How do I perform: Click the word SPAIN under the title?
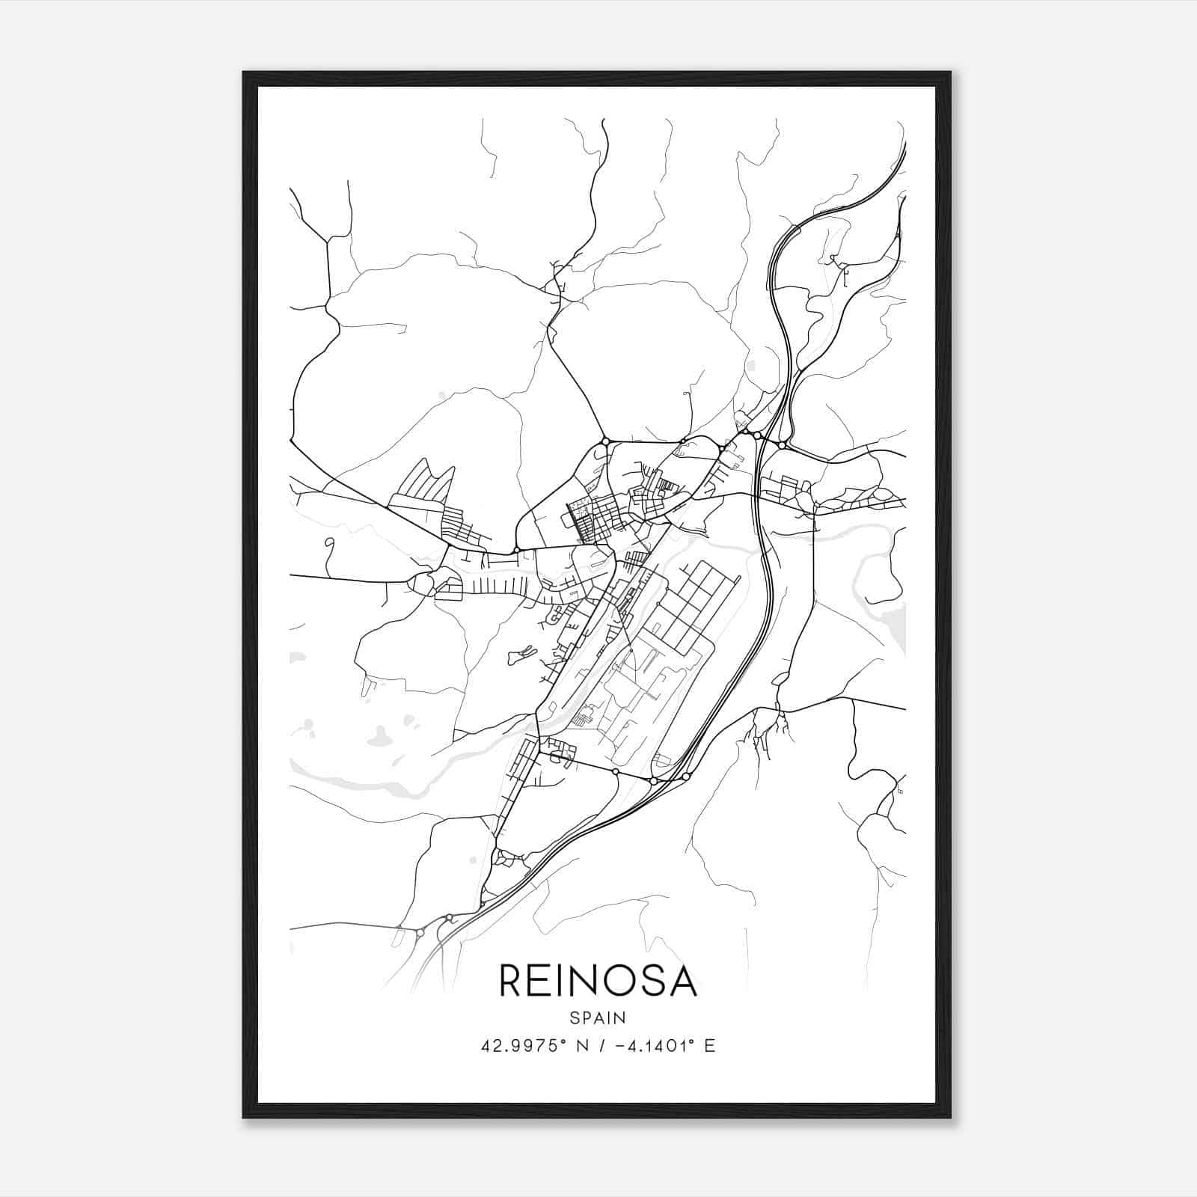(x=598, y=1018)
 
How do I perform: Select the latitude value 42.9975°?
(x=521, y=1046)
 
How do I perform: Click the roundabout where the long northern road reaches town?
(x=604, y=441)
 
